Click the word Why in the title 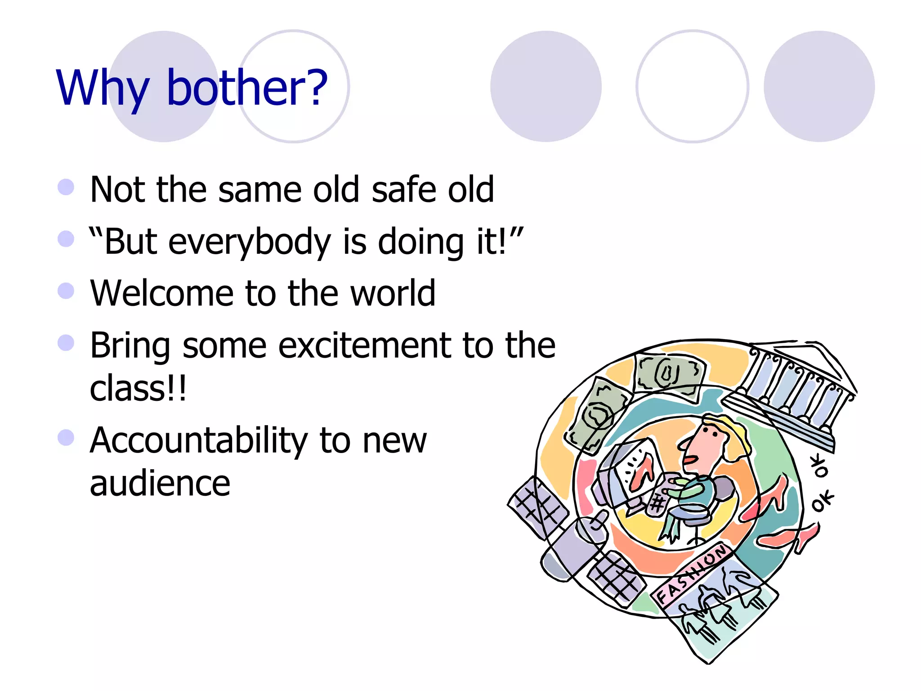coord(103,88)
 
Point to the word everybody coord(250,242)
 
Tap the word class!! coord(138,389)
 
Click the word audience coord(160,484)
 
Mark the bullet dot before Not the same coord(66,187)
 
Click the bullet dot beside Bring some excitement coord(66,343)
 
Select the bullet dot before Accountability coord(66,437)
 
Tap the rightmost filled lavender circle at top coord(819,86)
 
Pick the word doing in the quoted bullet coord(420,242)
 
